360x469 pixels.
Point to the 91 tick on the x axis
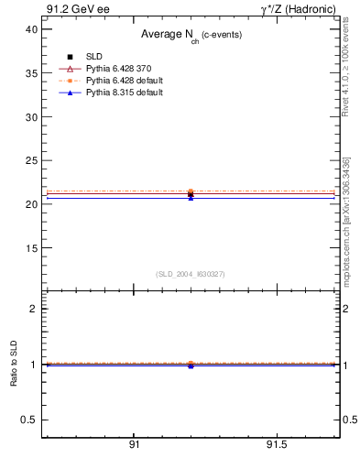[x=134, y=445]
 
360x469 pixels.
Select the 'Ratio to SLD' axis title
[x=14, y=365]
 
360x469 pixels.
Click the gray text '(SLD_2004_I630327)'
[x=190, y=274]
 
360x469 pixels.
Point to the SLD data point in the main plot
[x=191, y=195]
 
